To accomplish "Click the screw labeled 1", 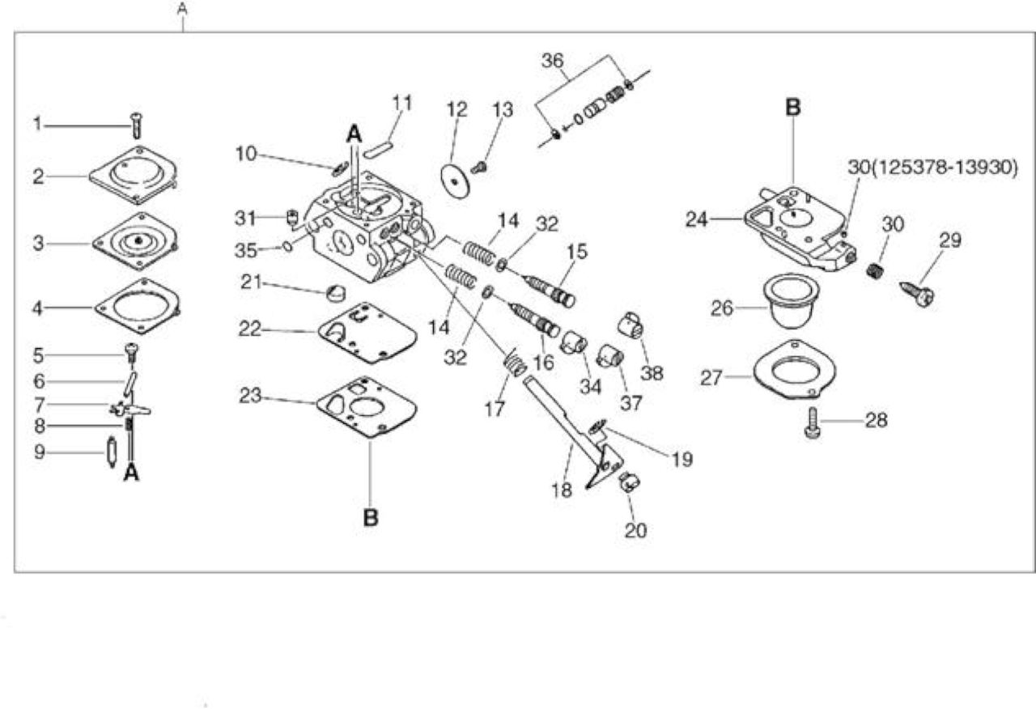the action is pyautogui.click(x=137, y=125).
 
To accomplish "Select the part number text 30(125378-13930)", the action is pyautogui.click(x=933, y=168).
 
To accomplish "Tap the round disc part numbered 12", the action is pyautogui.click(x=455, y=180).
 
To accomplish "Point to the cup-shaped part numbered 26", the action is pyautogui.click(x=788, y=300).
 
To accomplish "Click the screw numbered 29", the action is pyautogui.click(x=917, y=293).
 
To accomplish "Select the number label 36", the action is pyautogui.click(x=553, y=61).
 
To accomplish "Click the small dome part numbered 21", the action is pyautogui.click(x=336, y=293).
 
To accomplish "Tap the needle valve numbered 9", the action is pyautogui.click(x=112, y=452).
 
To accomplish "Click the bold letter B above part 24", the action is pyautogui.click(x=792, y=108).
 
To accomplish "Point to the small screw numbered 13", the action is pyautogui.click(x=478, y=167).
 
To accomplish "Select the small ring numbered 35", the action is pyautogui.click(x=287, y=246).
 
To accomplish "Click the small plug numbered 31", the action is pyautogui.click(x=292, y=218).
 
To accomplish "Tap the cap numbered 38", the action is pyautogui.click(x=631, y=325).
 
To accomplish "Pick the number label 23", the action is pyautogui.click(x=250, y=396).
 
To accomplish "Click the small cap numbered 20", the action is pyautogui.click(x=629, y=482).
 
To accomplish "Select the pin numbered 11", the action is pyautogui.click(x=378, y=151).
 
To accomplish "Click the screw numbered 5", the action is pyautogui.click(x=133, y=353).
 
